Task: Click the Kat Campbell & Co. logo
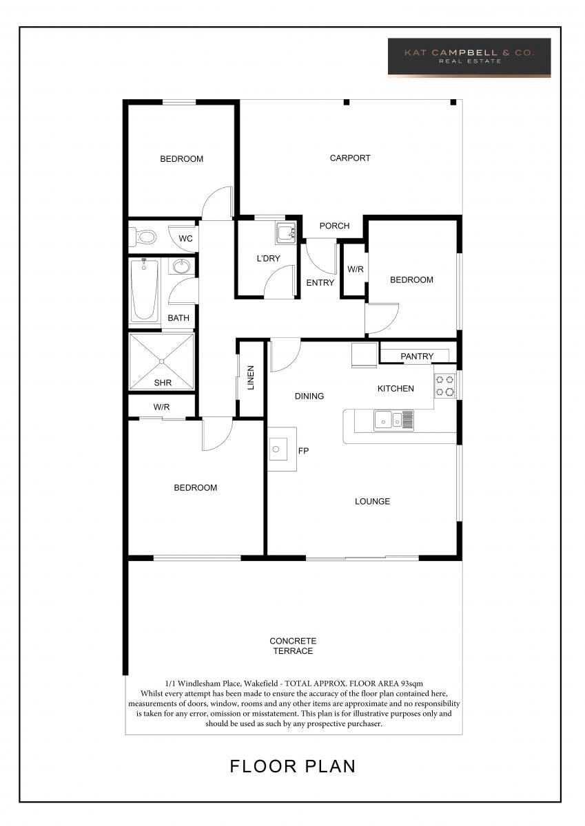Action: pyautogui.click(x=469, y=58)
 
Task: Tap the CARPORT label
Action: pyautogui.click(x=350, y=158)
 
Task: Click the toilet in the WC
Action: pyautogui.click(x=143, y=236)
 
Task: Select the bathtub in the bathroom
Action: pyautogui.click(x=145, y=290)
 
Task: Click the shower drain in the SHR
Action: pyautogui.click(x=161, y=361)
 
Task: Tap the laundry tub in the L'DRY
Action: pyautogui.click(x=286, y=233)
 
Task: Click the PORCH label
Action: pyautogui.click(x=334, y=226)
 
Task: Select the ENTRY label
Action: pyautogui.click(x=320, y=282)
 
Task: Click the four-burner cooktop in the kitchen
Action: pyautogui.click(x=444, y=385)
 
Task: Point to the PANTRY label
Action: pyautogui.click(x=417, y=357)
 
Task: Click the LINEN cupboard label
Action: pyautogui.click(x=251, y=377)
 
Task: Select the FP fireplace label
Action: pyautogui.click(x=303, y=451)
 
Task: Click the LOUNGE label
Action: pyautogui.click(x=372, y=502)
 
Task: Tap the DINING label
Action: pyautogui.click(x=309, y=396)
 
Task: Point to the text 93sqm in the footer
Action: pyautogui.click(x=411, y=684)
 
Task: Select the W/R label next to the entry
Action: pyautogui.click(x=356, y=269)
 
